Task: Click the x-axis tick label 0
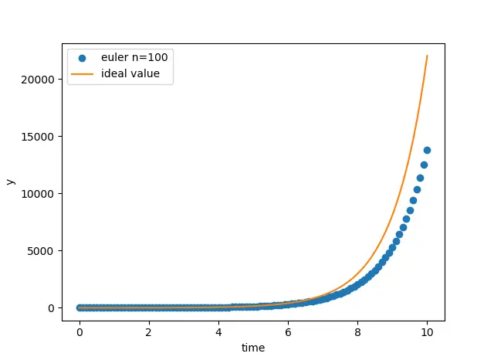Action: [80, 332]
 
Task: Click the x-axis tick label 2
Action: [149, 332]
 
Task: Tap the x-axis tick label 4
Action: [218, 332]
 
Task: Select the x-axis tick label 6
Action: [288, 332]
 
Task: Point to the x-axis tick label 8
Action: [357, 332]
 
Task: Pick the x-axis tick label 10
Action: [427, 332]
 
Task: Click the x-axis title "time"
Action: [253, 348]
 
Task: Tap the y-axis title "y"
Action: [11, 182]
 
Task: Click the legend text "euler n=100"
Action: [134, 57]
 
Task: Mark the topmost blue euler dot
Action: [427, 150]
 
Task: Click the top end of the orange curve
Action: [427, 56]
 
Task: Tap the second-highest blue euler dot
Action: [424, 165]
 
